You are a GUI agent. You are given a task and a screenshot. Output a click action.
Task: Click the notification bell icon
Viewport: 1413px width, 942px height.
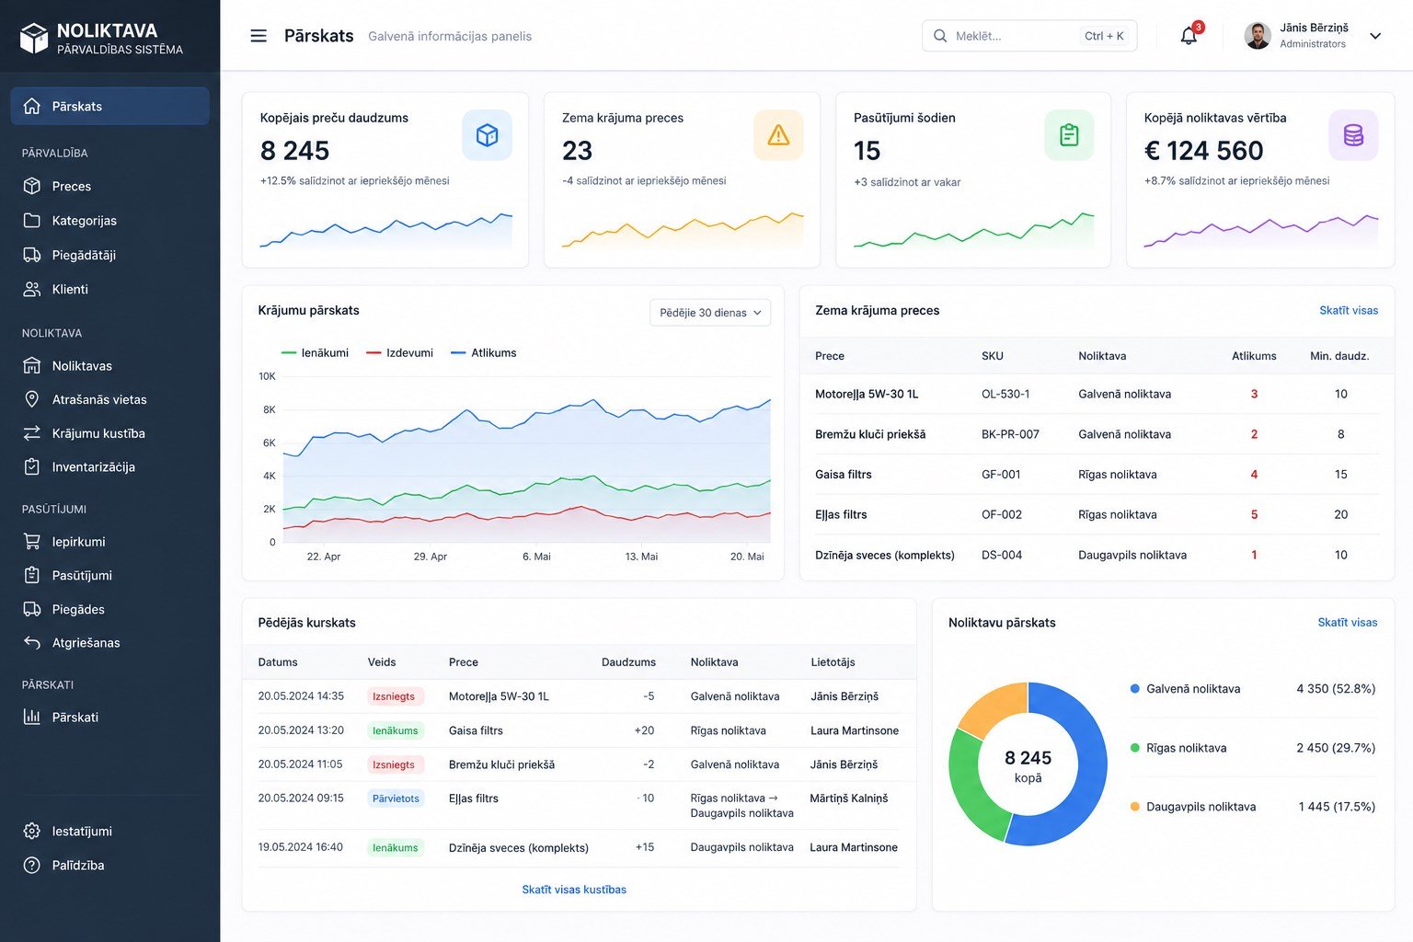click(1189, 36)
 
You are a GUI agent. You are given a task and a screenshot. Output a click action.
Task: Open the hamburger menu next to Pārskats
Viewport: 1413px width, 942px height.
click(258, 36)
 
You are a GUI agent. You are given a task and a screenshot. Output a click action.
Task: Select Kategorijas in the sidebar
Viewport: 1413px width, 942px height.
click(84, 220)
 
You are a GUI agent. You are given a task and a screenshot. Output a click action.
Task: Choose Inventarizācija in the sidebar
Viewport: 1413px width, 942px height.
click(93, 467)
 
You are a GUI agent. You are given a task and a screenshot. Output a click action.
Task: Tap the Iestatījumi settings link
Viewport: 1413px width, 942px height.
click(82, 831)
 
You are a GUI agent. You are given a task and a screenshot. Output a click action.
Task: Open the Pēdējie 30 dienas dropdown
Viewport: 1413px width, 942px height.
click(710, 313)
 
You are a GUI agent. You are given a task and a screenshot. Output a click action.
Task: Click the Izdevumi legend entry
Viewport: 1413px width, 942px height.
click(400, 352)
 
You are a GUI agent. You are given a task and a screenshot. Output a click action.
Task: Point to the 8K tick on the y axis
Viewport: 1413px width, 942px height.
click(270, 409)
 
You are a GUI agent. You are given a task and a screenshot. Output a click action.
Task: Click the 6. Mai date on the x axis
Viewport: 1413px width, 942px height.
click(536, 557)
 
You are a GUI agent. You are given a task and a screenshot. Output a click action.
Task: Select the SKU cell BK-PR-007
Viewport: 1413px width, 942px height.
click(1010, 434)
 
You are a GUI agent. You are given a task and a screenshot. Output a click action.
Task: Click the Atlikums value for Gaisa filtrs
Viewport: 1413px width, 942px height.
click(1254, 475)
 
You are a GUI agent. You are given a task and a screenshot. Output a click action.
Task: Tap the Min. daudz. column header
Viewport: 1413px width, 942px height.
click(1339, 356)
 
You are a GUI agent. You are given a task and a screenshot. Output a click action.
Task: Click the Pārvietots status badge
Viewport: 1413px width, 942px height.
click(396, 798)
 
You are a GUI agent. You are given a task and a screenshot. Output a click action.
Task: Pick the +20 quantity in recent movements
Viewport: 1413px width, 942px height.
click(644, 730)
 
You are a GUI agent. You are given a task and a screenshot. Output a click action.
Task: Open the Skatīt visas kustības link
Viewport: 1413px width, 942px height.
click(574, 889)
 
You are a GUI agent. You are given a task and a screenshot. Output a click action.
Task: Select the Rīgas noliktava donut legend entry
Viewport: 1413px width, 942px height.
click(1186, 748)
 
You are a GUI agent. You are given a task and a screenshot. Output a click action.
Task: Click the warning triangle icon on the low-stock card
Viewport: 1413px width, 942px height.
click(778, 135)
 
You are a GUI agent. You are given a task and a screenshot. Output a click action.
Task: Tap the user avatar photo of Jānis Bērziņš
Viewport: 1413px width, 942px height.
click(1258, 35)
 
